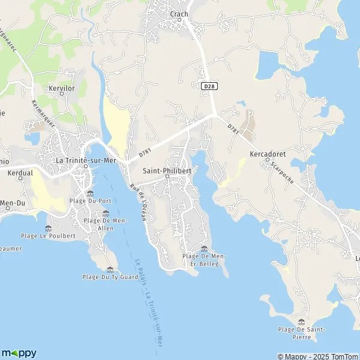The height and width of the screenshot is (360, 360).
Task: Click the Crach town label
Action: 179,14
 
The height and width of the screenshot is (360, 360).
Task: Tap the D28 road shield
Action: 209,86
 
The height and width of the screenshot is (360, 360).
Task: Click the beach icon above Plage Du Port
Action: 89,193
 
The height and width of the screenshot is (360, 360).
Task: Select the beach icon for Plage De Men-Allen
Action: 106,213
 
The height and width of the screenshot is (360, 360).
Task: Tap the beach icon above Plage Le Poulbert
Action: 48,228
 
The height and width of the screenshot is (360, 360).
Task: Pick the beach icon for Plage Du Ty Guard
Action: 109,269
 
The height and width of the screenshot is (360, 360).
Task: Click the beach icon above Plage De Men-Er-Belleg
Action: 205,248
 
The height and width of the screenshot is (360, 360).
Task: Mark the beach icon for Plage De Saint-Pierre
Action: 301,322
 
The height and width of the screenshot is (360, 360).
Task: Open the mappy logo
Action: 19,353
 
